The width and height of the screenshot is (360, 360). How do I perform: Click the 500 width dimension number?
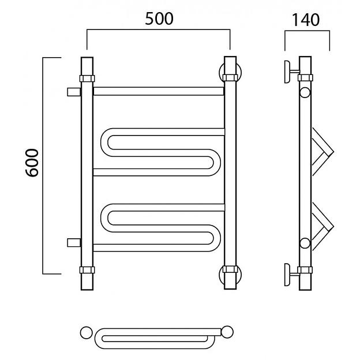(x=159, y=19)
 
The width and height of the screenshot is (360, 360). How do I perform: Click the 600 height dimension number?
(x=32, y=163)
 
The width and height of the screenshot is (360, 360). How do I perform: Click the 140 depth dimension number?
(x=306, y=20)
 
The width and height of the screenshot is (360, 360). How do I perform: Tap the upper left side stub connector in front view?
(x=74, y=92)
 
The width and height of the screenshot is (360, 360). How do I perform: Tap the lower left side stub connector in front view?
(x=74, y=243)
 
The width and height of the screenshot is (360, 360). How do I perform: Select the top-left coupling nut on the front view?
(x=87, y=78)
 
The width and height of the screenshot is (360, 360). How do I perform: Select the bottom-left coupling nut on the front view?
(x=87, y=270)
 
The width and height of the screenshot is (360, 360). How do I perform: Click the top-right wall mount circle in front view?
(x=230, y=72)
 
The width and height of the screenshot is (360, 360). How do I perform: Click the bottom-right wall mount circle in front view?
(x=230, y=275)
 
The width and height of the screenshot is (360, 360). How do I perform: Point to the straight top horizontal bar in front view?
(x=159, y=91)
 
